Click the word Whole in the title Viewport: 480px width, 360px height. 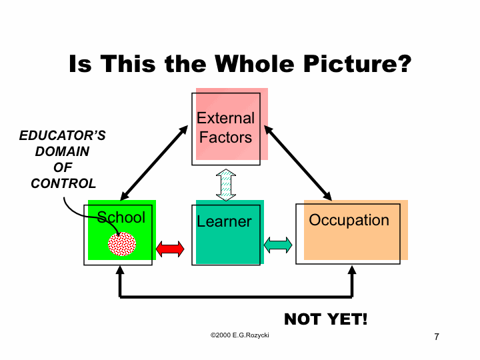click(254, 64)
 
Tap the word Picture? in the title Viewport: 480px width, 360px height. click(357, 64)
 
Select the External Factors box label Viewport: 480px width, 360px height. click(225, 127)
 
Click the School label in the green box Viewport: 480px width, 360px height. click(121, 217)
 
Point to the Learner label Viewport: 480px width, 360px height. click(224, 221)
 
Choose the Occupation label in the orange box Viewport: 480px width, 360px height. click(349, 221)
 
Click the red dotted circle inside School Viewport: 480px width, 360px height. click(122, 244)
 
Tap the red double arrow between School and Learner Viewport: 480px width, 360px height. click(170, 249)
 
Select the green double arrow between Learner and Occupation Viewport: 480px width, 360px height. click(278, 245)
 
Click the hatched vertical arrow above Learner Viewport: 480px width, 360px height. click(226, 185)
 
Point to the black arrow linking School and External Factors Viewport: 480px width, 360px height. click(154, 163)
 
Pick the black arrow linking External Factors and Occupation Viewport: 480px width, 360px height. click(298, 163)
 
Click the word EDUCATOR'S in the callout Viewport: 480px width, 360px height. click(63, 135)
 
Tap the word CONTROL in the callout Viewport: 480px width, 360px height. click(63, 183)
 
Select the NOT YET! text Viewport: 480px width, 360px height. click(326, 319)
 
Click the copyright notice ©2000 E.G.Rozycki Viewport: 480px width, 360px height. click(240, 335)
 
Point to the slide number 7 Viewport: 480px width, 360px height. click(437, 337)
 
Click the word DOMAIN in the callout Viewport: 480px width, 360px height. click(62, 151)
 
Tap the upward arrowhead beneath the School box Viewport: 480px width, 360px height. click(120, 270)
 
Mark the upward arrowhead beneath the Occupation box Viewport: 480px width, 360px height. click(352, 270)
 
